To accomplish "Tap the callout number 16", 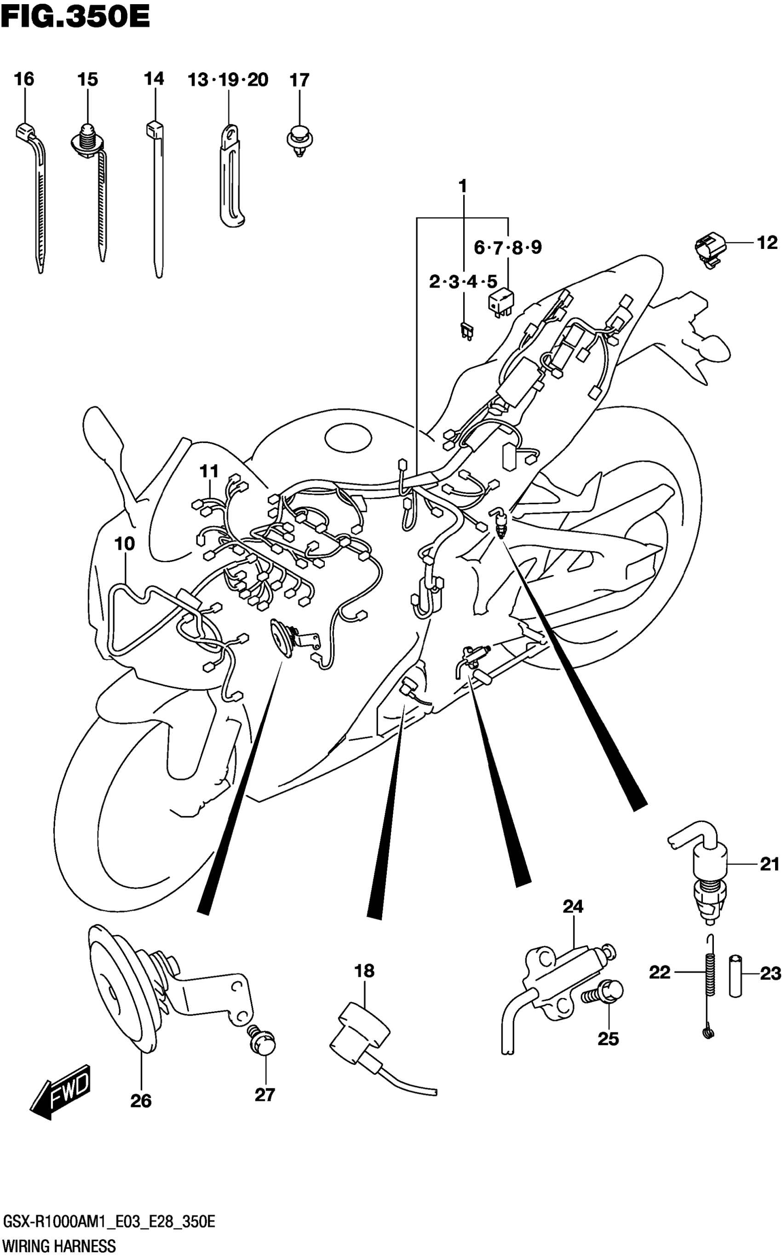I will (x=24, y=79).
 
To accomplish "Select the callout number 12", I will (x=767, y=242).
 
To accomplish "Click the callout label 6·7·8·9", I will (x=507, y=248).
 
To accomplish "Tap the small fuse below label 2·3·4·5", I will (x=467, y=331).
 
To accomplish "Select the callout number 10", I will (x=124, y=544).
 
